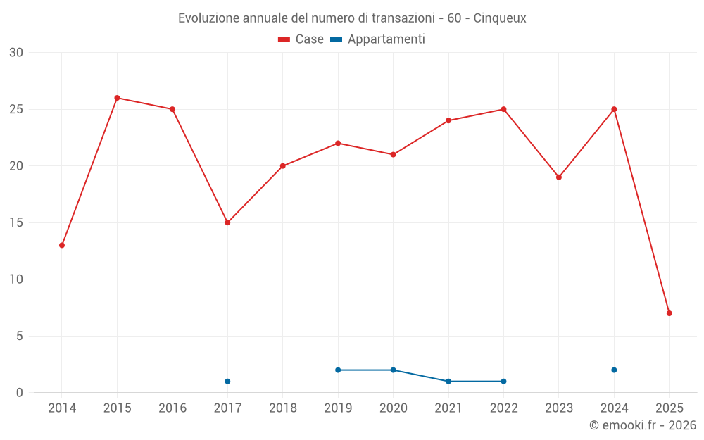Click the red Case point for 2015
point(117,98)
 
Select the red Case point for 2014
point(62,245)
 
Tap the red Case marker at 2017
point(227,222)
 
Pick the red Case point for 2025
point(669,313)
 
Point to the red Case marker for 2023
point(559,177)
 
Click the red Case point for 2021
point(448,120)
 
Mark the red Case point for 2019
point(338,143)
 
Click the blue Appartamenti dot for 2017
point(227,382)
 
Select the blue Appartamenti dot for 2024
point(614,370)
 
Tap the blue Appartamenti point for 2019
point(338,370)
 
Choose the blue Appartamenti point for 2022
point(503,382)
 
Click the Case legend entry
point(301,39)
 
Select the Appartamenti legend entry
point(378,39)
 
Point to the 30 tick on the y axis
point(16,53)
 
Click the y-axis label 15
point(16,222)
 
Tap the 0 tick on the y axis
point(20,393)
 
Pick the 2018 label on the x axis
point(283,408)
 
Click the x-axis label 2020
point(393,408)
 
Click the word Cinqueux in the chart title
point(500,18)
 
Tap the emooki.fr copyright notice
point(642,425)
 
